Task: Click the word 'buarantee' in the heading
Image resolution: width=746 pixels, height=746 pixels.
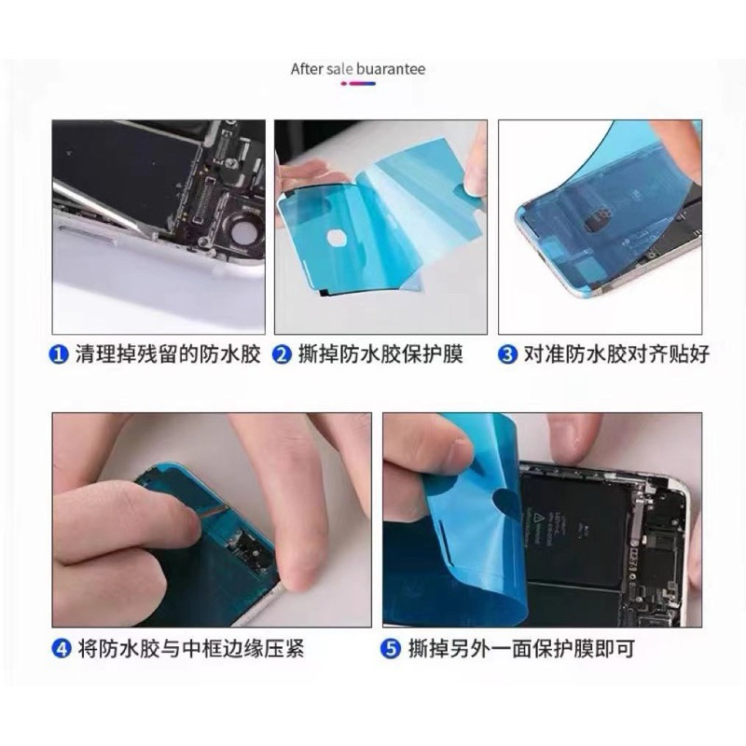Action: coord(391,69)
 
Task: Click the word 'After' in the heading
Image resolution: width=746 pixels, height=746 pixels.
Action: coord(308,69)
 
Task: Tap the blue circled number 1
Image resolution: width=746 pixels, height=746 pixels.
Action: coord(59,355)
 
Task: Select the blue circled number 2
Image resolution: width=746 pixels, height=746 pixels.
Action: coord(282,355)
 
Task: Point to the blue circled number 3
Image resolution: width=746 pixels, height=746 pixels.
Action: coord(507,355)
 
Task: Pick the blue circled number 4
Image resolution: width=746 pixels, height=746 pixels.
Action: coord(61,648)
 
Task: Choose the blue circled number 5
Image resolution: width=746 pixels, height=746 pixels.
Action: coord(391,648)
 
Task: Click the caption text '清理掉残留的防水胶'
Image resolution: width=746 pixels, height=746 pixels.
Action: coord(168,355)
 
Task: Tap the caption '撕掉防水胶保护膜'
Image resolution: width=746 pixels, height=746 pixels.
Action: coord(380,355)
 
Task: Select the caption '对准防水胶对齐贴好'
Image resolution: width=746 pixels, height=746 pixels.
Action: coord(616,355)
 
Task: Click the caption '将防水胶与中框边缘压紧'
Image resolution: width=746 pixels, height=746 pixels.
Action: coord(191,648)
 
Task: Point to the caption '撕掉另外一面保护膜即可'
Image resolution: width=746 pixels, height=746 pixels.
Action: coord(521,648)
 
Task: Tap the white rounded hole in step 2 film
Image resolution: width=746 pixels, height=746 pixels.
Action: coord(338,236)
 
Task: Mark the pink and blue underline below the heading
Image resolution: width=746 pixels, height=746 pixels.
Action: coord(358,84)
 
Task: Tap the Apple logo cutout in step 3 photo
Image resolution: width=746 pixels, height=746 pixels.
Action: coord(597,219)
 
